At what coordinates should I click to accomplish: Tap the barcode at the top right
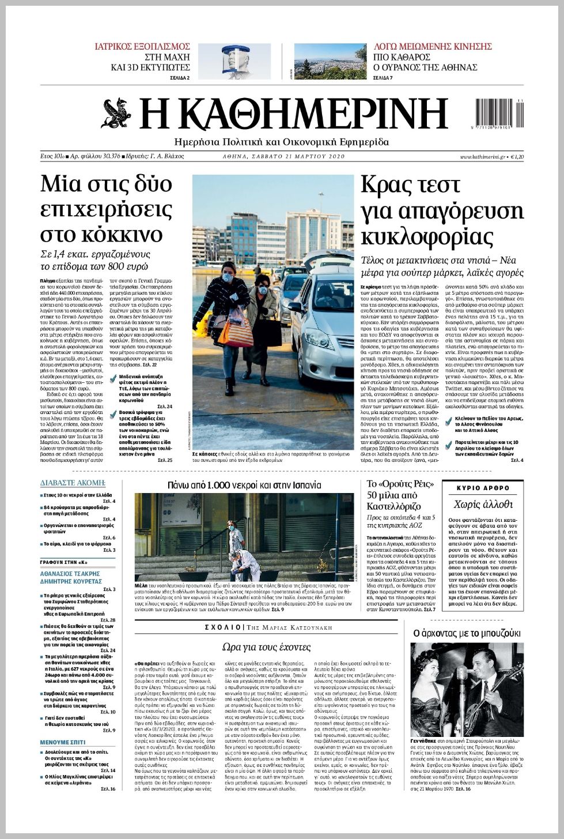coord(499,114)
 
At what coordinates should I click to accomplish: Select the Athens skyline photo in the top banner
coord(330,61)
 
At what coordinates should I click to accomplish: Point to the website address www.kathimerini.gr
coord(483,157)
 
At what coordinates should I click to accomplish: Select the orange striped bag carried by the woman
coord(235,332)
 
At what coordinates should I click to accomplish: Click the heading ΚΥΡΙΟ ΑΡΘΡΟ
coord(483,488)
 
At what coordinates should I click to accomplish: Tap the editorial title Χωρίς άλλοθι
coord(483,504)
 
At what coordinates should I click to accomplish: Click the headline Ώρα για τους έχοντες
coord(266,646)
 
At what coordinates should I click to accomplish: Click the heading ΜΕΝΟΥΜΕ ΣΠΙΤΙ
coord(63,742)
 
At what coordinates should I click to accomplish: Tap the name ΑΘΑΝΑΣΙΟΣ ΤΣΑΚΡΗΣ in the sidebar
coord(70,574)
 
